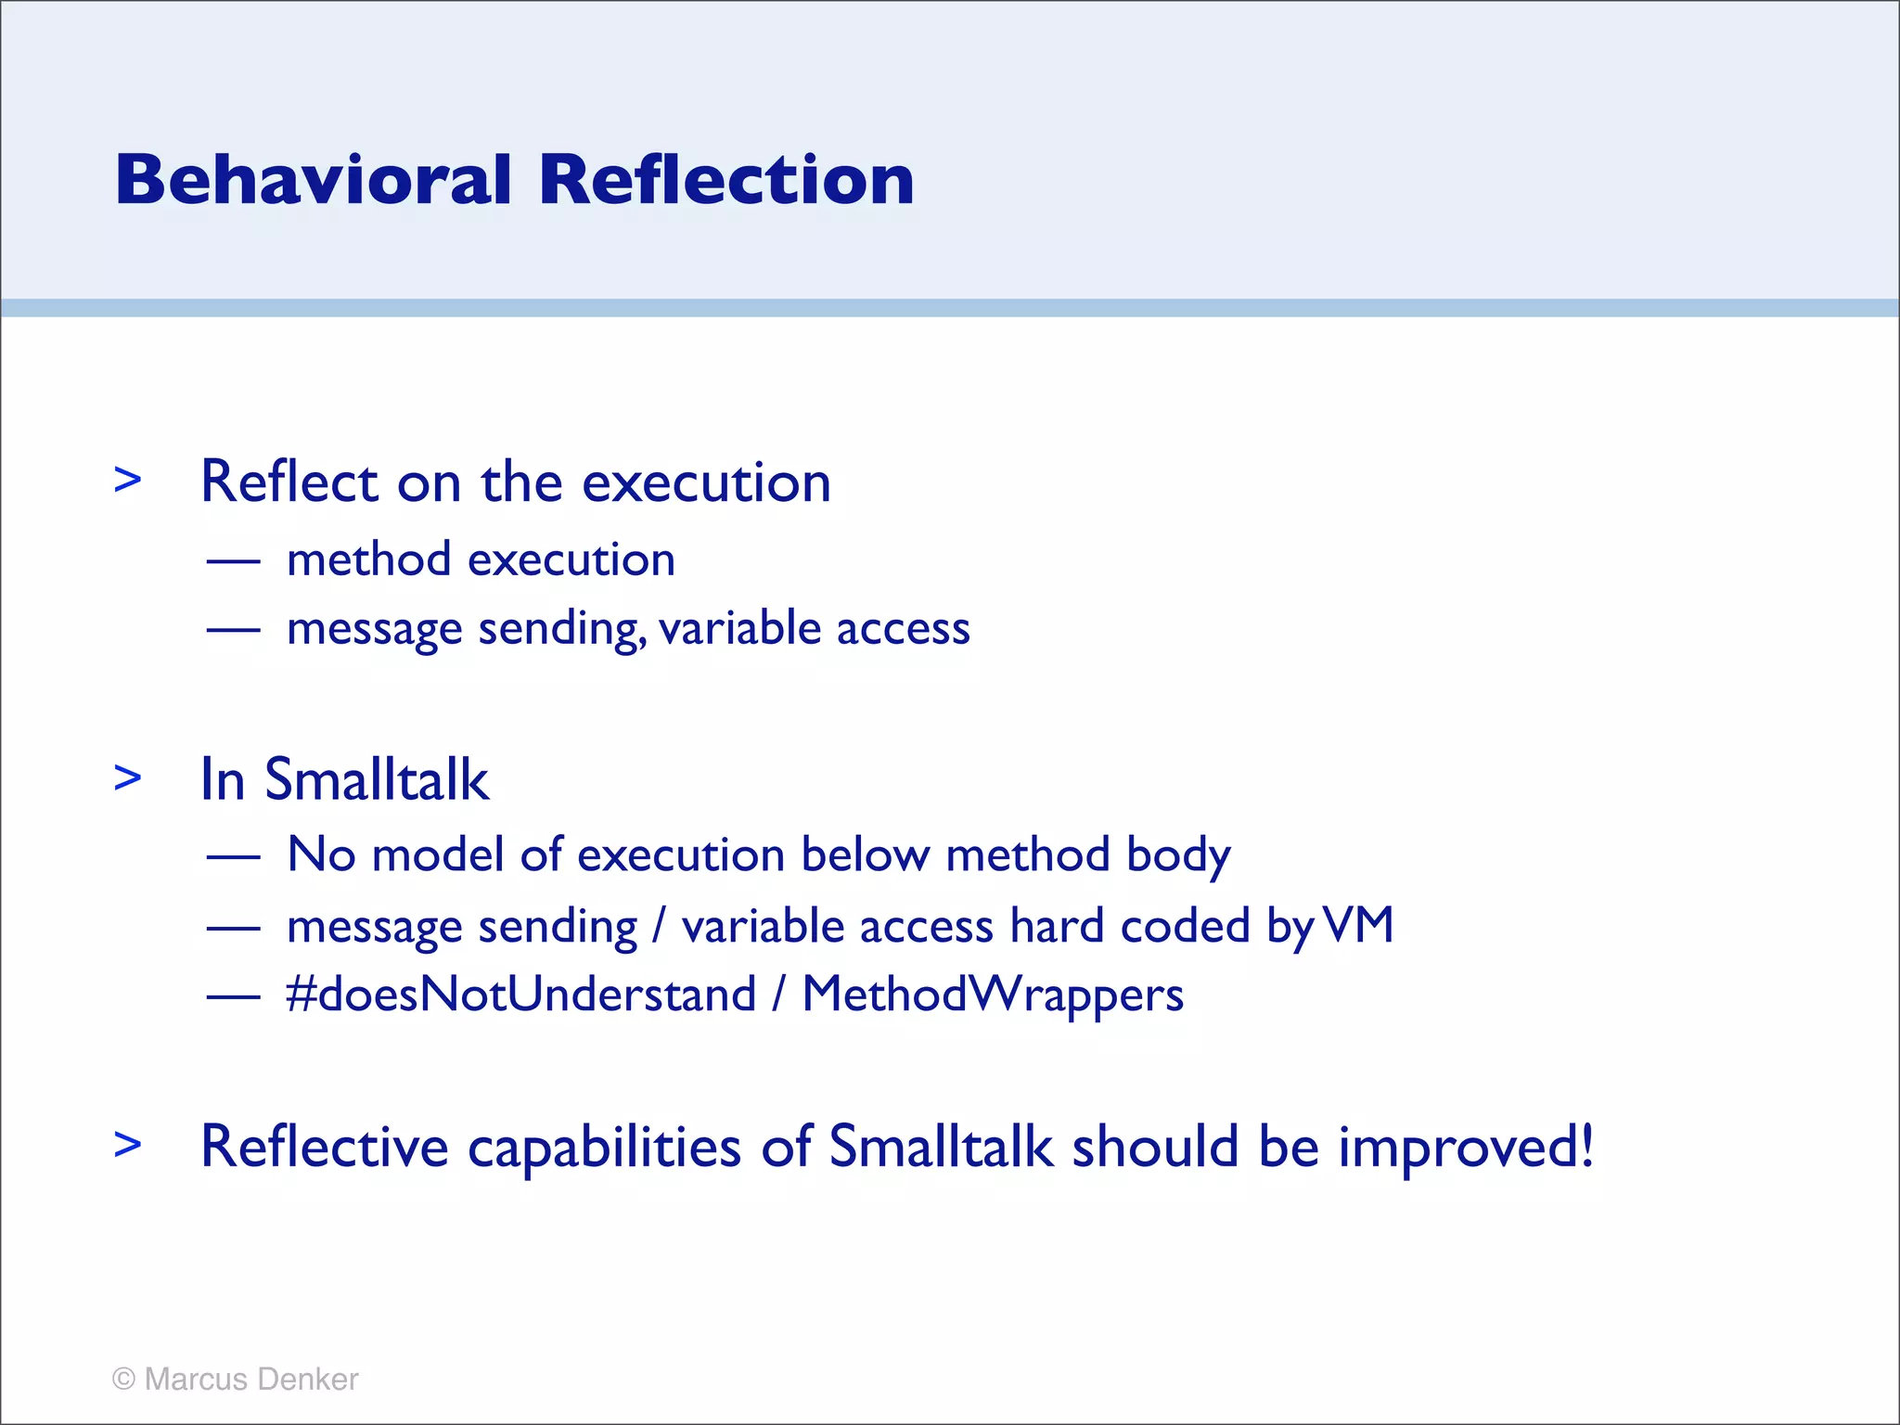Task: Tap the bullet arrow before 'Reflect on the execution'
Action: point(128,480)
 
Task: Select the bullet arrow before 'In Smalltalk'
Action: point(128,777)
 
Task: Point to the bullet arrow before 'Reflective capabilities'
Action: point(128,1144)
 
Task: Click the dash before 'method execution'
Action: point(233,561)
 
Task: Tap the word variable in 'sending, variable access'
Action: point(738,628)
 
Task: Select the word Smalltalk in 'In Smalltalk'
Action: point(376,779)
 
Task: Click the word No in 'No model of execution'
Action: point(321,854)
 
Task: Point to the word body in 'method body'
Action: point(1178,854)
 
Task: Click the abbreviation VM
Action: point(1358,925)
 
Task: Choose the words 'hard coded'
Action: point(1130,925)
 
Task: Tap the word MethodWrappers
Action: point(993,995)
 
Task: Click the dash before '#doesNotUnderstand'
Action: point(233,996)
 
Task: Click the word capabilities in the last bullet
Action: point(604,1147)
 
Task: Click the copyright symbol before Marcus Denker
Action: point(123,1380)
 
